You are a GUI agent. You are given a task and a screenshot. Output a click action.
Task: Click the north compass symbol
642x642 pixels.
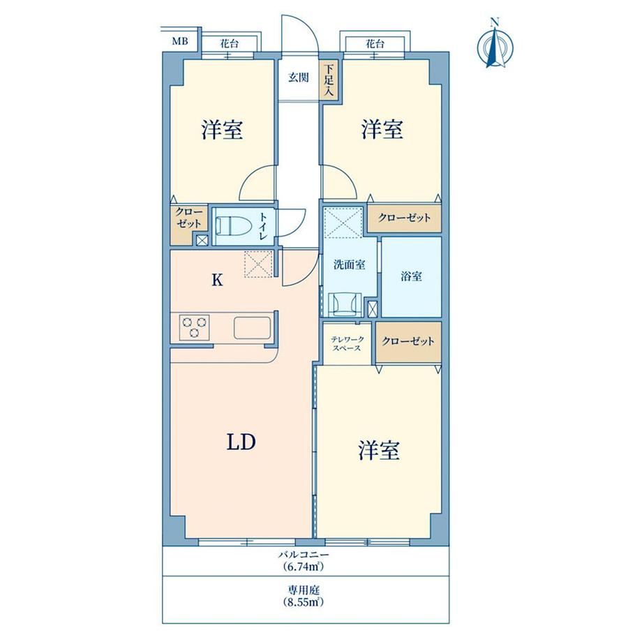(496, 45)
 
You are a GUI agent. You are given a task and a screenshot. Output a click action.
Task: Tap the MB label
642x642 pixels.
(180, 41)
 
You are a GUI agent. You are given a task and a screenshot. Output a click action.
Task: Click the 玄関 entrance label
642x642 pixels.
(299, 77)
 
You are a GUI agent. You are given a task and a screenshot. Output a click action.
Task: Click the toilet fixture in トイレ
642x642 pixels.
(232, 225)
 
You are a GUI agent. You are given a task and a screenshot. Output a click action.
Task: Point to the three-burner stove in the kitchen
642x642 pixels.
(194, 327)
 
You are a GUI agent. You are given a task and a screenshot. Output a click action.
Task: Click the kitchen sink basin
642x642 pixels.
(252, 327)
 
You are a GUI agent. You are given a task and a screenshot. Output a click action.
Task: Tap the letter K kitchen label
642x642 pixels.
(217, 280)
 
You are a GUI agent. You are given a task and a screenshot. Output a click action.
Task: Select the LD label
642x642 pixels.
(241, 442)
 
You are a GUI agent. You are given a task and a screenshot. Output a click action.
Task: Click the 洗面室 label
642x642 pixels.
(349, 265)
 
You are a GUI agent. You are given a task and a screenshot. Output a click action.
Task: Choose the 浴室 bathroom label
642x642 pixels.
(411, 276)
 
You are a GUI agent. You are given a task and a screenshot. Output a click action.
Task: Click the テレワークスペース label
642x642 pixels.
(348, 344)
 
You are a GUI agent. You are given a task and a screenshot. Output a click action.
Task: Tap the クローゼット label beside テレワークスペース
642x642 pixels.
(408, 341)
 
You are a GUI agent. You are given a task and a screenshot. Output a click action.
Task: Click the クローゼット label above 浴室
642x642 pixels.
(404, 218)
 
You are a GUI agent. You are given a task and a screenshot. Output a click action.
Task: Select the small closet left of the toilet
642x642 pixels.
(188, 225)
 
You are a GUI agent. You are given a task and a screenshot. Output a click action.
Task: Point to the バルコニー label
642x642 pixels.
(304, 555)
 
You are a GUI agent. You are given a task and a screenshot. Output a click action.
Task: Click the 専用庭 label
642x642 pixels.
(304, 590)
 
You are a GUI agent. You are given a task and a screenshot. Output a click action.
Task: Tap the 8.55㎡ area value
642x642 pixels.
(304, 602)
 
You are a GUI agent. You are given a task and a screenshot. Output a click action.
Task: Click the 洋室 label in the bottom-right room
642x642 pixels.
(379, 450)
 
